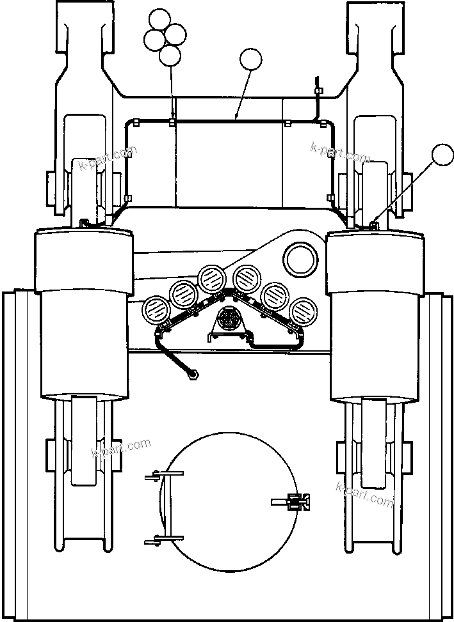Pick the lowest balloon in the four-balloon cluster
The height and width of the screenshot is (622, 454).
tap(170, 56)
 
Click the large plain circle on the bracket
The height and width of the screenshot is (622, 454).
tap(301, 259)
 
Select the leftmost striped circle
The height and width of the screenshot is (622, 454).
tap(155, 311)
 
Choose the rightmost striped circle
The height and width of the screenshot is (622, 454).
tap(303, 311)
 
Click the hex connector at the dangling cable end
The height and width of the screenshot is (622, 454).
tap(192, 375)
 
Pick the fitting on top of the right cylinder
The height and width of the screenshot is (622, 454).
tap(374, 224)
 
